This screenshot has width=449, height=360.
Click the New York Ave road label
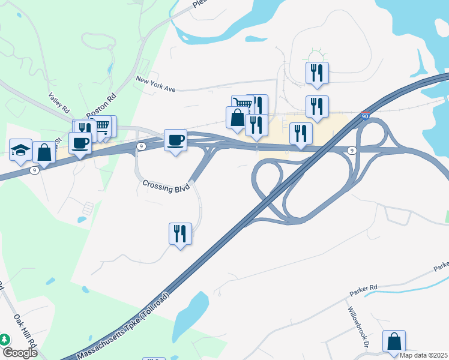point(155,84)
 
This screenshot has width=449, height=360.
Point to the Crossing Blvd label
point(166,185)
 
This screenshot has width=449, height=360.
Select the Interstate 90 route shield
point(365,116)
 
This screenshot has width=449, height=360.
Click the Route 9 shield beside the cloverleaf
point(352,150)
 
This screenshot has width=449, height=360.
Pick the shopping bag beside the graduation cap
point(44,152)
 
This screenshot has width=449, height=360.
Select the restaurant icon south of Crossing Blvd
point(180,233)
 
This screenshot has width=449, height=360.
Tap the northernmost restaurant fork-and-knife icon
point(316,73)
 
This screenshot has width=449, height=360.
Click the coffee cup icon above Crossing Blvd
point(175,140)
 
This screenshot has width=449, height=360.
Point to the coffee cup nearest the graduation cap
point(80,143)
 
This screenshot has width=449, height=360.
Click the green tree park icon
point(5,339)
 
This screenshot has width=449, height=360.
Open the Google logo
point(20,353)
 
